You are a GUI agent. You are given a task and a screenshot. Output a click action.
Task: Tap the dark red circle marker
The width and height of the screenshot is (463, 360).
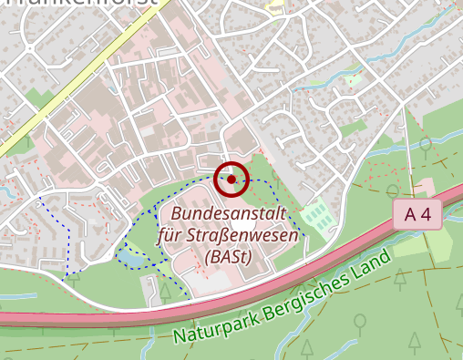click(231, 179)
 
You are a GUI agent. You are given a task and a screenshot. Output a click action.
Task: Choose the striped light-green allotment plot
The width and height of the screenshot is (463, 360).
click(316, 217)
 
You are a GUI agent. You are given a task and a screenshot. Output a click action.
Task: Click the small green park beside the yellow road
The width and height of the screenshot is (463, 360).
click(36, 97)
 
